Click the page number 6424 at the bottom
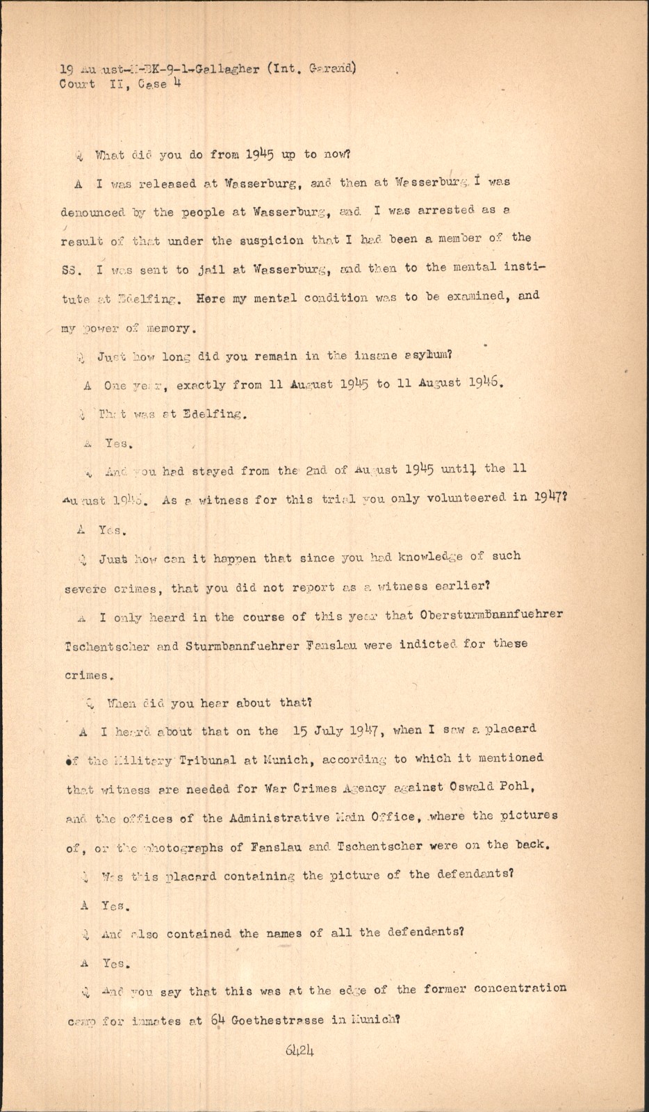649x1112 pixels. (299, 1050)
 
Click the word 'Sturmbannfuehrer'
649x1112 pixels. (243, 646)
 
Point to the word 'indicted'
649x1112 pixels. (427, 644)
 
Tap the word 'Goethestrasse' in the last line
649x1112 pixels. (278, 1021)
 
